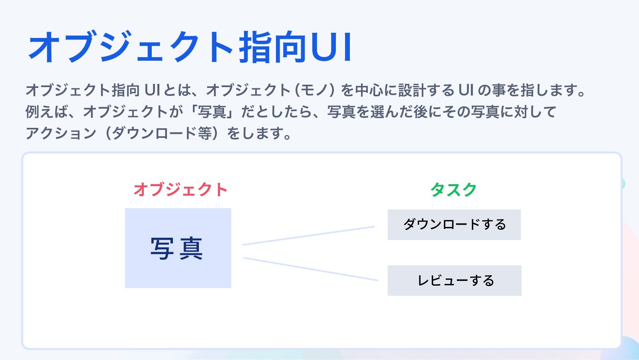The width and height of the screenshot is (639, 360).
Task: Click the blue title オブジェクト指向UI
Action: [x=190, y=47]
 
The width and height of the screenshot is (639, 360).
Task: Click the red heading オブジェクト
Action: [x=180, y=189]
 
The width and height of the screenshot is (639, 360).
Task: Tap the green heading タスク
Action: [x=454, y=189]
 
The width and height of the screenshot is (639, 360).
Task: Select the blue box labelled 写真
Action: [x=178, y=248]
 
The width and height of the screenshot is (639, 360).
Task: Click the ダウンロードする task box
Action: [x=454, y=225]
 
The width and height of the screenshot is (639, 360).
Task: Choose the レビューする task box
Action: [x=454, y=280]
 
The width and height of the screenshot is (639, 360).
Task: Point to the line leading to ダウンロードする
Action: [x=308, y=236]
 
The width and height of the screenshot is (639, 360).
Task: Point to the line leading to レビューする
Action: [x=310, y=269]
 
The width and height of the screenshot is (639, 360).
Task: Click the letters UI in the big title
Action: [x=331, y=47]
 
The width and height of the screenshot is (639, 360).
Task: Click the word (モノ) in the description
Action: [x=315, y=90]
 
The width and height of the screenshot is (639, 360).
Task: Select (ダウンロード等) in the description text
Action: [x=162, y=133]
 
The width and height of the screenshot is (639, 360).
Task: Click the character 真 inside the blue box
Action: [x=191, y=248]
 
